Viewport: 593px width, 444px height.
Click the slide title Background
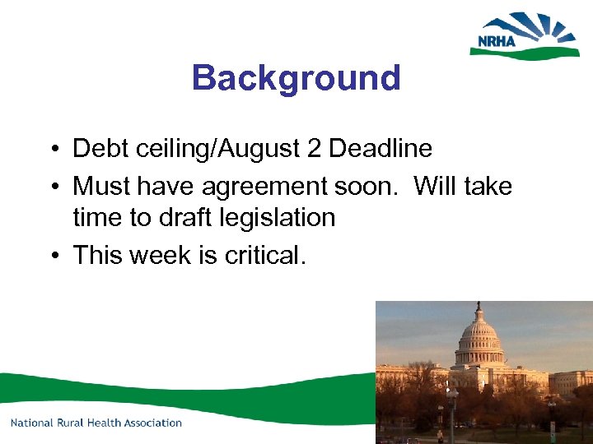296,78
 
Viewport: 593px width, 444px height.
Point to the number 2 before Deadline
316,149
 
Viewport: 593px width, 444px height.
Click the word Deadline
380,149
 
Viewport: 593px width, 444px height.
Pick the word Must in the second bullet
101,187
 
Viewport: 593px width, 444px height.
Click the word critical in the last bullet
265,256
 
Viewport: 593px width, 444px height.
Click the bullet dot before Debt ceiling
52,150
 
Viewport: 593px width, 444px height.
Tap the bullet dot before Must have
52,187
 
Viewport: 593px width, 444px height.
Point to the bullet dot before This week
52,257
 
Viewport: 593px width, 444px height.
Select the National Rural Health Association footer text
96,423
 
